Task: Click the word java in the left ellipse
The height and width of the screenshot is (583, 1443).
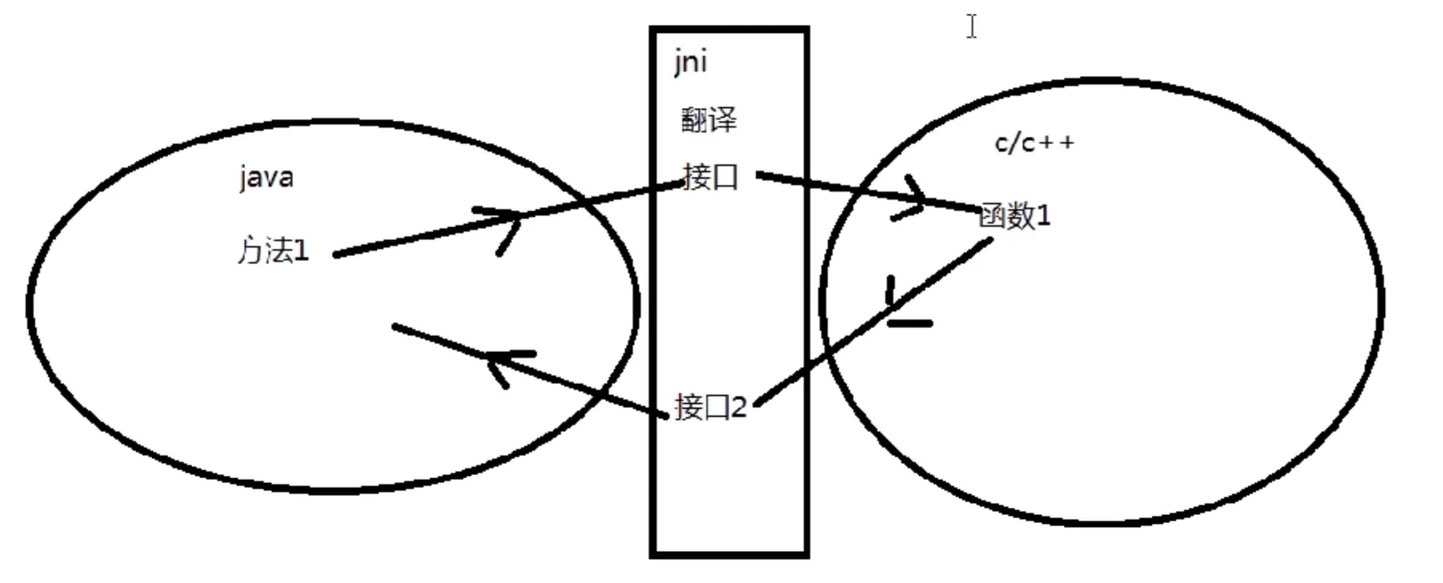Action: pos(266,177)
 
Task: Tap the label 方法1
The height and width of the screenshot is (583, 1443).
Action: pos(272,252)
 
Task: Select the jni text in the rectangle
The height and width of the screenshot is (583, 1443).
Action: pos(690,62)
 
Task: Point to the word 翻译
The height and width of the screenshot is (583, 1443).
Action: pos(709,121)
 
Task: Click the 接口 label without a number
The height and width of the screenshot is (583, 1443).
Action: pos(710,176)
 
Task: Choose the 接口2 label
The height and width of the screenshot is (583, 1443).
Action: pos(710,407)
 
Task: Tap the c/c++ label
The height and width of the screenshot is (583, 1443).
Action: pos(1034,144)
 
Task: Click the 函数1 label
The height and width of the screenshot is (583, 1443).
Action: pos(1015,216)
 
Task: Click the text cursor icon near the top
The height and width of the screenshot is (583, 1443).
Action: pos(971,26)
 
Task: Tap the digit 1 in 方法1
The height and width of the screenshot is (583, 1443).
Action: pos(301,252)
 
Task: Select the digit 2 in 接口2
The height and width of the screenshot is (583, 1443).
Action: pos(738,407)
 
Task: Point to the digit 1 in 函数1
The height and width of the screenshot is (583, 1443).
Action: pos(1043,216)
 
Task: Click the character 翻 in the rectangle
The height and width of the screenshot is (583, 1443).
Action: pos(694,121)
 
